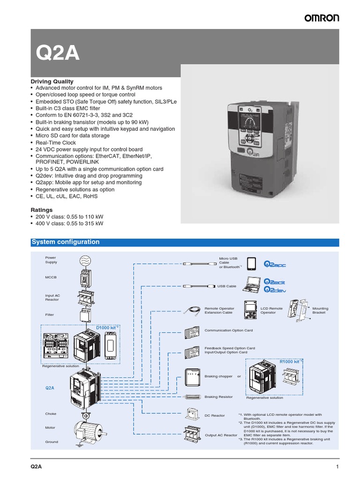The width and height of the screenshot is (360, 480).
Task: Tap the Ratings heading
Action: click(x=42, y=210)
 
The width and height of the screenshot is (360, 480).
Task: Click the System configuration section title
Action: click(x=65, y=242)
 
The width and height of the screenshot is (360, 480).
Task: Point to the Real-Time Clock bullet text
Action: click(x=55, y=142)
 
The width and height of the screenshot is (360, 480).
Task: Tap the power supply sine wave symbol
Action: click(x=86, y=260)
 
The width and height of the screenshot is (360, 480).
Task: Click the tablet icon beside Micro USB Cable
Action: click(x=253, y=264)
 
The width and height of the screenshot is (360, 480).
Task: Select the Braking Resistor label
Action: click(x=218, y=397)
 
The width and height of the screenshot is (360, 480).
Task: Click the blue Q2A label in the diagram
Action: click(x=50, y=388)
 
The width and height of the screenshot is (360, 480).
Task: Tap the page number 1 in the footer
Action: click(x=337, y=466)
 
